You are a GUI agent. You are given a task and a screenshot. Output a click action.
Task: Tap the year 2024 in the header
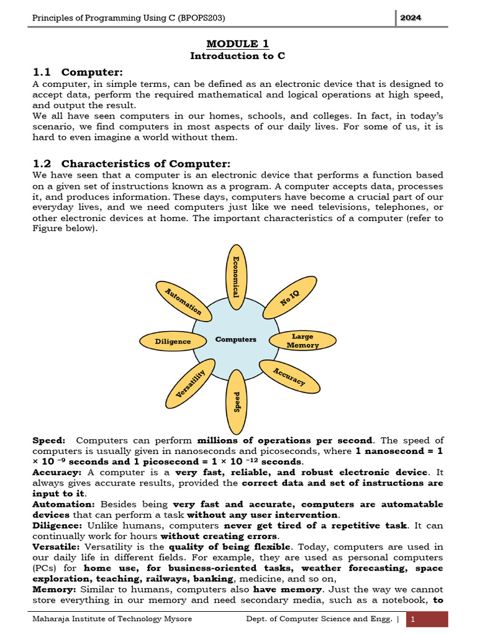click(x=411, y=18)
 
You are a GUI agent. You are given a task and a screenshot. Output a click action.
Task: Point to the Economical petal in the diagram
click(x=235, y=278)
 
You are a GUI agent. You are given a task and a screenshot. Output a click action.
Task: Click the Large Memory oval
click(x=302, y=340)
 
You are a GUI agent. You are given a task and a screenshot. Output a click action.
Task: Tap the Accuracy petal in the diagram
click(x=289, y=376)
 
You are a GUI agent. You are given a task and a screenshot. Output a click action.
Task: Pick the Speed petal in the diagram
click(x=237, y=402)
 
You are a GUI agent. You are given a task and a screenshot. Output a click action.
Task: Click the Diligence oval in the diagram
click(x=173, y=341)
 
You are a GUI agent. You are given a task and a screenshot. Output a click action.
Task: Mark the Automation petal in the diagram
click(x=183, y=300)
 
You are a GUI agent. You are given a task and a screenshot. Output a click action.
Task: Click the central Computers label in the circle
click(x=235, y=339)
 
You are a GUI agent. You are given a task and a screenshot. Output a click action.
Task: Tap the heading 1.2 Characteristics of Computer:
click(x=131, y=164)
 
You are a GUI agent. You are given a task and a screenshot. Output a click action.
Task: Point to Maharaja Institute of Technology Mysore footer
click(x=112, y=619)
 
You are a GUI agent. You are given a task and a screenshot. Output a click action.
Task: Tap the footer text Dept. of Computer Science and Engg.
click(x=319, y=619)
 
